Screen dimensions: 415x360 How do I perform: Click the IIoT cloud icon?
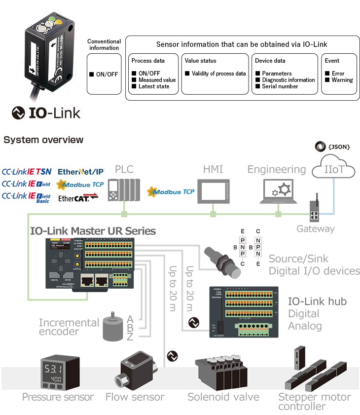334,171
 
